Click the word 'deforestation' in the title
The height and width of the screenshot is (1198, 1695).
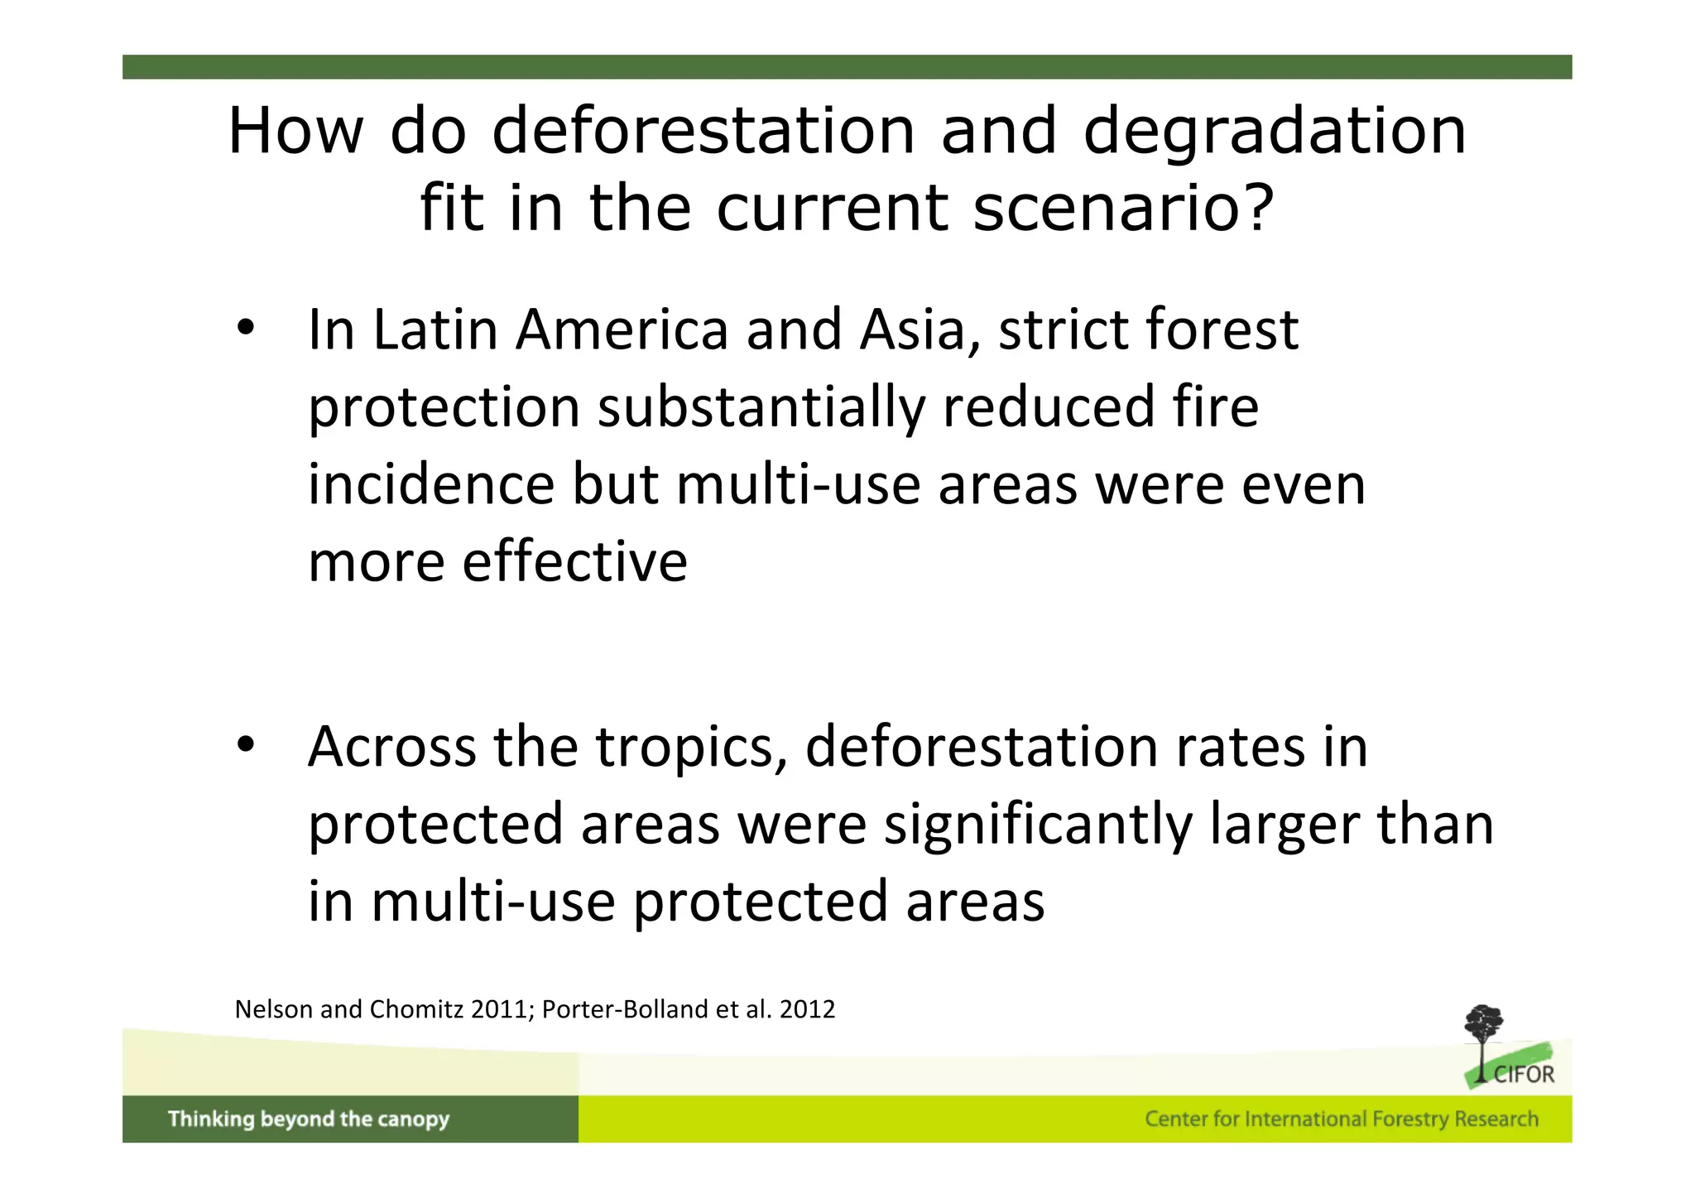(x=703, y=131)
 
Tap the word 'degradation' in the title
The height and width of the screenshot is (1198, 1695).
(x=1275, y=132)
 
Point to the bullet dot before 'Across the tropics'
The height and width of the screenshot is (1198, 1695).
(x=245, y=745)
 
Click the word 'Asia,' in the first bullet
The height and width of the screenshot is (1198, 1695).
(x=920, y=330)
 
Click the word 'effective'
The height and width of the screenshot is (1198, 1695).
(x=574, y=561)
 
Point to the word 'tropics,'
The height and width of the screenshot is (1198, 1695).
(x=691, y=748)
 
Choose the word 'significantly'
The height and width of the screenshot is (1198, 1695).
(x=1038, y=825)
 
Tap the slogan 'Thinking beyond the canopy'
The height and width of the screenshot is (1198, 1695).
(x=308, y=1119)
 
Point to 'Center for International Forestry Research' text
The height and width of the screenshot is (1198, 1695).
(x=1341, y=1119)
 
